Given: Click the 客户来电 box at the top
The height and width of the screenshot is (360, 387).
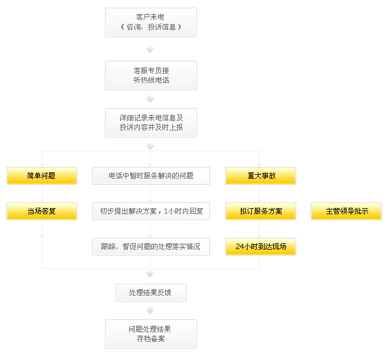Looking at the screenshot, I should tap(150, 22).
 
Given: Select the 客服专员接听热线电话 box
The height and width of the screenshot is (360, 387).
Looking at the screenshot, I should tap(150, 75).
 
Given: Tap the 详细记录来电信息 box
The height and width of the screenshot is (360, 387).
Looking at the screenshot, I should tap(150, 122).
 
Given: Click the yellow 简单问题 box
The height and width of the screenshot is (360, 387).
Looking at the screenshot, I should tap(42, 176).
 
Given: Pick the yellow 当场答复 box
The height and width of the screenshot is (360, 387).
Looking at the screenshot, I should tap(42, 211).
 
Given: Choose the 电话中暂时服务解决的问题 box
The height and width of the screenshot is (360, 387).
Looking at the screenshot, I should tap(151, 176).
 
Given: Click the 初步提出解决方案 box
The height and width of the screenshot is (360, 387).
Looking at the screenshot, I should tap(151, 211).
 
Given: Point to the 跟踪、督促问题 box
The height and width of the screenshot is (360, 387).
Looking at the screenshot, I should tap(151, 247).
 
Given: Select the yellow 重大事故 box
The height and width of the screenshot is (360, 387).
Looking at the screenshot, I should tap(260, 176).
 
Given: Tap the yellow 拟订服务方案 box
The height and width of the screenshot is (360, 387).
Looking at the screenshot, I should tap(260, 211).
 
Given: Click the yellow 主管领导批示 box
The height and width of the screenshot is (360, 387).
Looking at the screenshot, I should tap(346, 211).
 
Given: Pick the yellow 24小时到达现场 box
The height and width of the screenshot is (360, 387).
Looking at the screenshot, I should tap(260, 247).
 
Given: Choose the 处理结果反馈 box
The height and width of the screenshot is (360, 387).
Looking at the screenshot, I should tap(150, 292).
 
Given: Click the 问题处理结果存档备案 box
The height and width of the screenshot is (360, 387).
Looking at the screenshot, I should tap(150, 333).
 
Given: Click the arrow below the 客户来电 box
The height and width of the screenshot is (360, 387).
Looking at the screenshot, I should tap(150, 49).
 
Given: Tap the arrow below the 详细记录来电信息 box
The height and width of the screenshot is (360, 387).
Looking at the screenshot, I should tap(150, 146).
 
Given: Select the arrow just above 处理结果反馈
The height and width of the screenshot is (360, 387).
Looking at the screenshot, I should tap(150, 274).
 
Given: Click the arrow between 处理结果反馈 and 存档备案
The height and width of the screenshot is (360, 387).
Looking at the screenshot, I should tap(150, 310).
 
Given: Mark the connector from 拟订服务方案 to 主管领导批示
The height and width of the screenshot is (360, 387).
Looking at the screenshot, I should tap(303, 211).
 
